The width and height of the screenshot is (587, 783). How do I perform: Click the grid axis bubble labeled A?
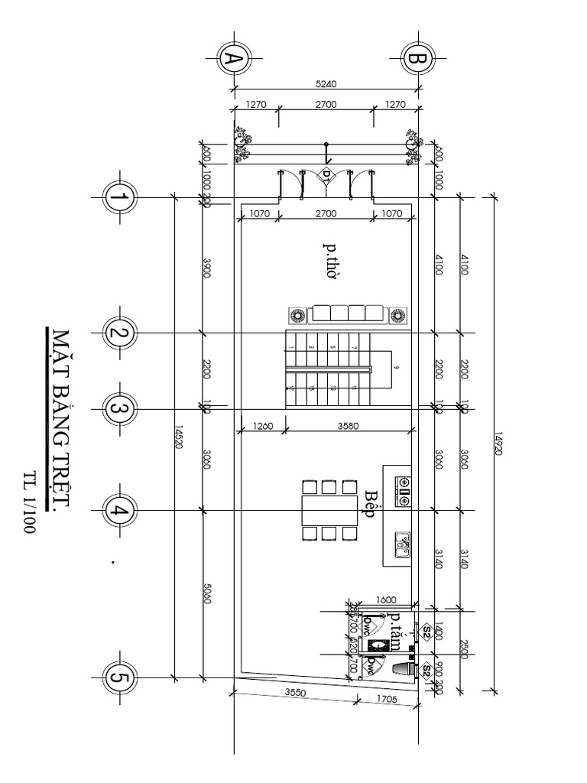pyautogui.click(x=233, y=59)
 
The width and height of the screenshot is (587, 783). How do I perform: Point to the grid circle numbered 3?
pyautogui.click(x=119, y=408)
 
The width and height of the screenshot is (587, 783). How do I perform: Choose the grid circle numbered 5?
pyautogui.click(x=119, y=677)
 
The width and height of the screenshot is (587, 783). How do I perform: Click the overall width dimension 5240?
pyautogui.click(x=326, y=84)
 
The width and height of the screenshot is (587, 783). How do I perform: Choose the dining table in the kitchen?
pyautogui.click(x=329, y=510)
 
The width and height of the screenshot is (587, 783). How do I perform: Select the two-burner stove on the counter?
pyautogui.click(x=401, y=491)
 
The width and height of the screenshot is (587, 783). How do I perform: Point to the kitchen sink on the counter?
pyautogui.click(x=401, y=544)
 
